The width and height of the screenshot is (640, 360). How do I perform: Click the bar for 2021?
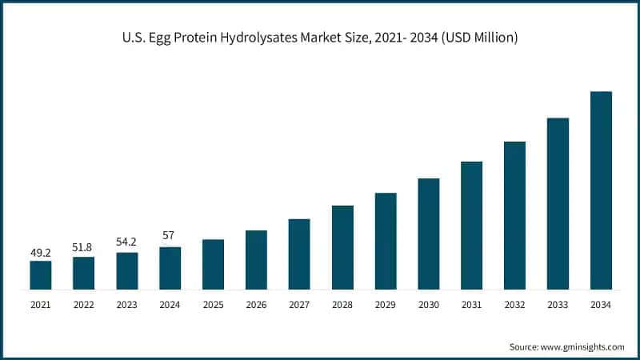click(x=41, y=274)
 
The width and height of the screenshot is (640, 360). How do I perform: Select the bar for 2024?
click(x=170, y=268)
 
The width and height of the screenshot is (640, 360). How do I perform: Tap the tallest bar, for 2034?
click(x=601, y=190)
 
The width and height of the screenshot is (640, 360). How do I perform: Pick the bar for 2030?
click(x=429, y=234)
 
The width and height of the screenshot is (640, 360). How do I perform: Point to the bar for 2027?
click(x=299, y=254)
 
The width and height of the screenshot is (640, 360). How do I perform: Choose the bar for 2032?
click(x=514, y=215)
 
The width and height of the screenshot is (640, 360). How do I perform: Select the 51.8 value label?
click(x=84, y=246)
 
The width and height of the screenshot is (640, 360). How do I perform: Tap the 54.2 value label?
click(x=126, y=242)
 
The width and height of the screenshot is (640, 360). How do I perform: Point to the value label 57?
click(x=170, y=236)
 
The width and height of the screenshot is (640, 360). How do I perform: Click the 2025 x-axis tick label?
click(x=213, y=306)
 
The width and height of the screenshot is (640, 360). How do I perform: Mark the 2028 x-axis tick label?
click(x=342, y=306)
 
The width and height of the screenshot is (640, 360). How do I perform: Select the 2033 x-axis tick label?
click(x=558, y=306)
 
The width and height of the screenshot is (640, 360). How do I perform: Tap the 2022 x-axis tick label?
click(x=84, y=306)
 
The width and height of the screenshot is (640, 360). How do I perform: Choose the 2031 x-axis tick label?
click(x=471, y=306)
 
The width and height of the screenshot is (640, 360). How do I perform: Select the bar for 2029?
click(x=386, y=241)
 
